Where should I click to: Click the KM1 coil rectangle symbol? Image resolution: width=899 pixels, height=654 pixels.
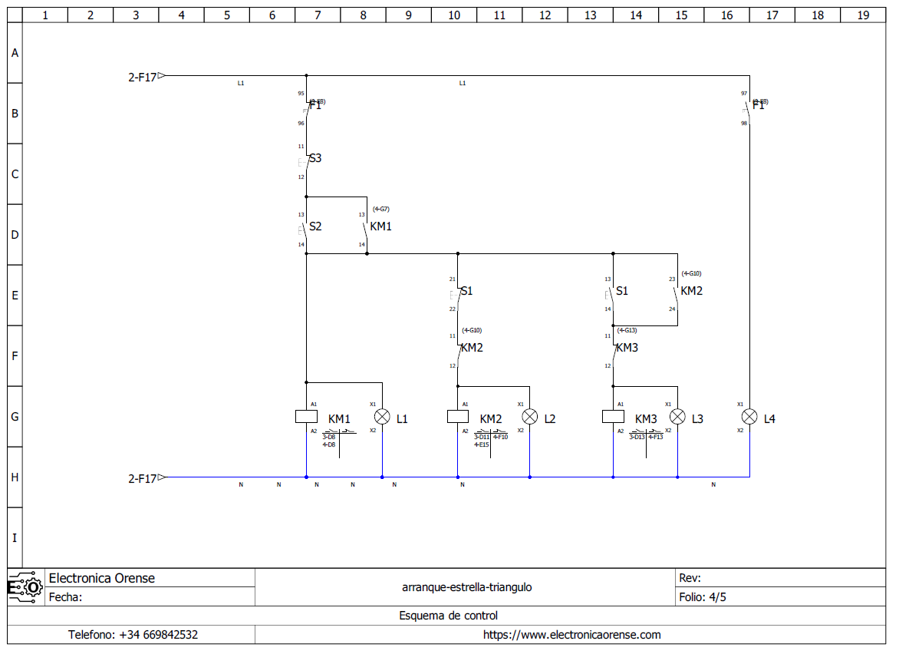point(306,417)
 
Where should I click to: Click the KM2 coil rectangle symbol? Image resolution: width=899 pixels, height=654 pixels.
point(457,417)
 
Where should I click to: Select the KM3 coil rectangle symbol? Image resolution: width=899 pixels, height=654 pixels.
point(613,417)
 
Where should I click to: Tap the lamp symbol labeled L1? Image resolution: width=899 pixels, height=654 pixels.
point(382,417)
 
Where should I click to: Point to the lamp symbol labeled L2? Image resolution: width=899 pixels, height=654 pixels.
point(529,417)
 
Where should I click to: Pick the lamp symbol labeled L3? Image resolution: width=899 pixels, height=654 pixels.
point(677,417)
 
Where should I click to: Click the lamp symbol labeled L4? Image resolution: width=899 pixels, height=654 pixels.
point(749,417)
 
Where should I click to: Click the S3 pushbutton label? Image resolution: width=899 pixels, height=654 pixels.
point(315,159)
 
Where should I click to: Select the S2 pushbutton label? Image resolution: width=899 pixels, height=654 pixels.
point(315,227)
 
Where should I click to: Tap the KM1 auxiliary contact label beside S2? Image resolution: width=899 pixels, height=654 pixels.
point(380,227)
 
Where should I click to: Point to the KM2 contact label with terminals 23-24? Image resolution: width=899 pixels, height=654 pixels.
point(691,291)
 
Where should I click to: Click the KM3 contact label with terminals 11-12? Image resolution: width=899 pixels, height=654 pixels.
point(627,348)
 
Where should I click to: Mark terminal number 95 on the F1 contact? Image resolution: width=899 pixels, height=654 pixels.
point(301,94)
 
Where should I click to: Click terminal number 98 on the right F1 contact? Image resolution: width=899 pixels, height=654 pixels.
point(744,123)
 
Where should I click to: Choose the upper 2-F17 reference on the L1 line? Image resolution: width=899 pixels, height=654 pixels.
point(143,77)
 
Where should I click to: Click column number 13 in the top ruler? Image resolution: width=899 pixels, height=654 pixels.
point(590,15)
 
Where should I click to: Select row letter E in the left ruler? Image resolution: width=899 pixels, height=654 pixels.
point(15,296)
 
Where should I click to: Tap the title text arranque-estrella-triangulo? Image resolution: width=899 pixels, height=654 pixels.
point(466,587)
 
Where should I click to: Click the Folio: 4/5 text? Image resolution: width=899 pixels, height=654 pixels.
point(703,597)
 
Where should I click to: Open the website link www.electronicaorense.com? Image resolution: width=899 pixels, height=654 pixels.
point(571,635)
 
